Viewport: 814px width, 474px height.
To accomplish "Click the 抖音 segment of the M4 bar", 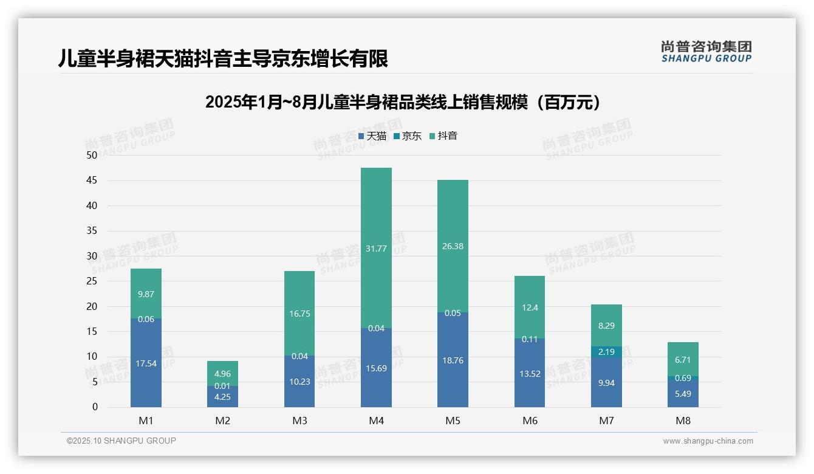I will coord(376,247).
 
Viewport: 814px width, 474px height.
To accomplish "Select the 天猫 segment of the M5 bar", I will coord(453,360).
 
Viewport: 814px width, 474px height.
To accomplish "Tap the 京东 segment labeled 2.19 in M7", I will coord(606,352).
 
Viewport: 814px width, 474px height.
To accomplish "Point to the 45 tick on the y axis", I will coord(92,180).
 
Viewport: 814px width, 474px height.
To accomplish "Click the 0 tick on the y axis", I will coord(95,407).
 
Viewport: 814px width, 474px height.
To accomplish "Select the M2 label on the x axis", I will coord(223,421).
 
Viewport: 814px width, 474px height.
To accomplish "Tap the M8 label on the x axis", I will coord(683,421).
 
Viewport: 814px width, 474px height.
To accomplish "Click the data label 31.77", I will coord(376,247).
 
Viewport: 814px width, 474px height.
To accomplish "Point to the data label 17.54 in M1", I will coord(146,363).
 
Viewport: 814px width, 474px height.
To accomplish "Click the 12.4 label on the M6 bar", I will coord(530,307).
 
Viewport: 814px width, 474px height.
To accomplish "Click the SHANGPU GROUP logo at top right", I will coord(706,52).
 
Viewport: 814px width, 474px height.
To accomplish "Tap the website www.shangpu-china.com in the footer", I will coord(708,441).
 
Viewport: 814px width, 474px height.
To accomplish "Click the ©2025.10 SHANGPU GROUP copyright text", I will coord(121,441).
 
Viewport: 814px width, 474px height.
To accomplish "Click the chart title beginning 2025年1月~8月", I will coord(402,102).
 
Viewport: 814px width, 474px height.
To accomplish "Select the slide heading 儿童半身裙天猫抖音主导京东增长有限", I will coord(222,58).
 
